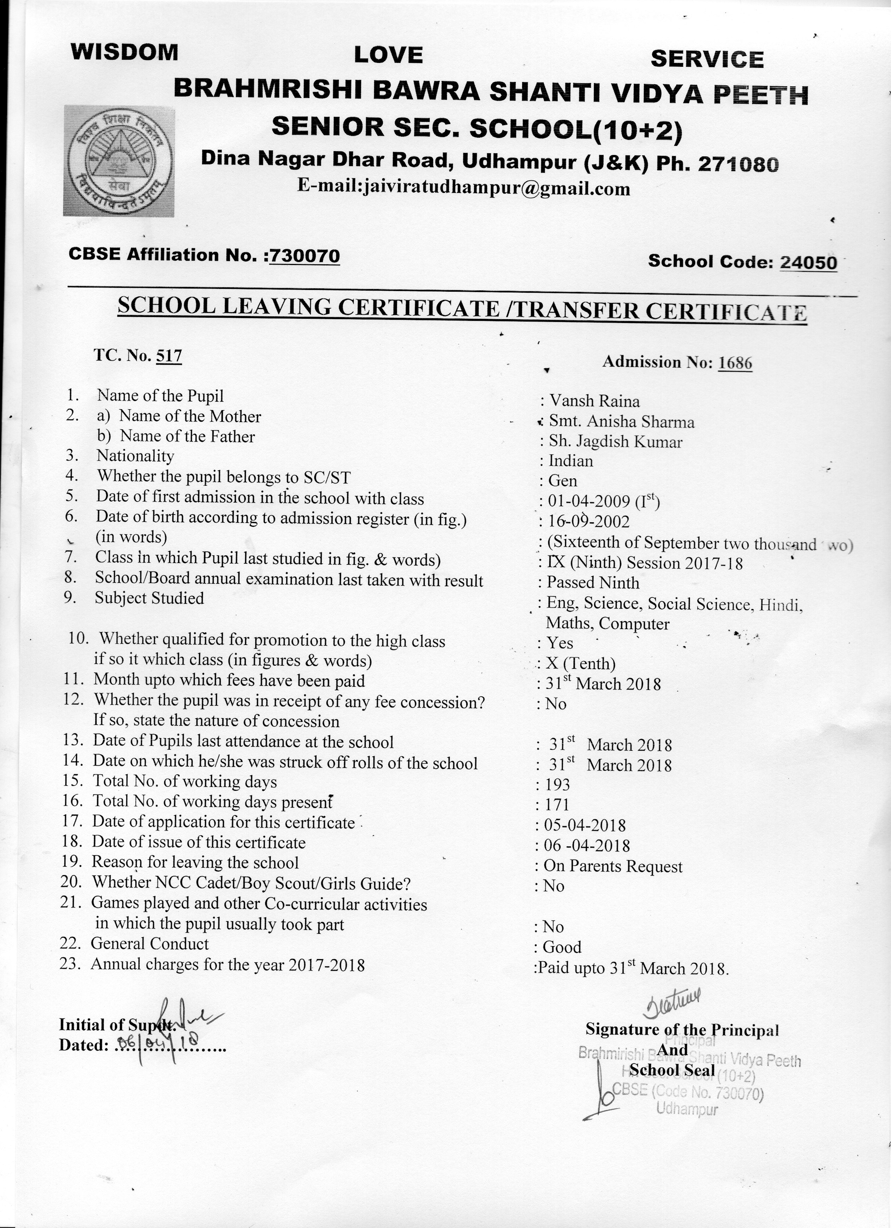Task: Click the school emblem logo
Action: [118, 161]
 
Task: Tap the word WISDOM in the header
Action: [124, 52]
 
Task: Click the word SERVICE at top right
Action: [707, 59]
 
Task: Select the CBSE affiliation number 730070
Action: [305, 256]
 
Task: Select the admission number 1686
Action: [735, 363]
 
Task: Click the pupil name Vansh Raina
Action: [594, 401]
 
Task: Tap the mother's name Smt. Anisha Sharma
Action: [621, 422]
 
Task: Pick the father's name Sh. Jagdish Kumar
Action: [615, 442]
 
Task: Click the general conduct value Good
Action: [562, 947]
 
